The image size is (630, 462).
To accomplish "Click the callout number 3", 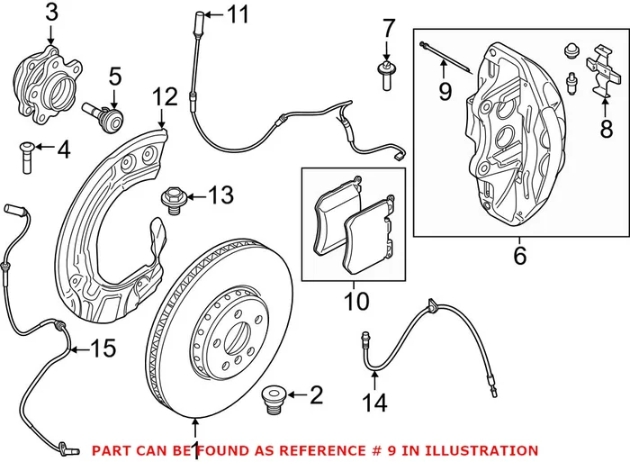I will [51, 13].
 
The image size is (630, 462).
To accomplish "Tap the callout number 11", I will [236, 14].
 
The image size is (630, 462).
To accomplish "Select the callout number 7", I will [388, 27].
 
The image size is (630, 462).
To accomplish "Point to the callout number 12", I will [166, 95].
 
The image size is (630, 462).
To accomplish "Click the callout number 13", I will [220, 194].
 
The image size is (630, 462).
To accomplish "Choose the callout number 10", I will [356, 300].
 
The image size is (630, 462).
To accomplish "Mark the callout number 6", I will [519, 256].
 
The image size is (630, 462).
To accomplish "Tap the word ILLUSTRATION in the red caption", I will [484, 450].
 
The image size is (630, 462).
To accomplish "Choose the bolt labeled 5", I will [101, 115].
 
